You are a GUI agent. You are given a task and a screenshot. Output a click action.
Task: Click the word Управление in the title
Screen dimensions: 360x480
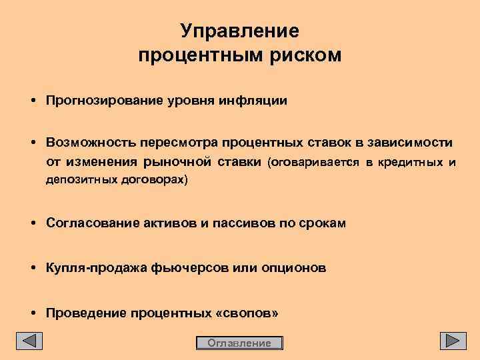point(240,31)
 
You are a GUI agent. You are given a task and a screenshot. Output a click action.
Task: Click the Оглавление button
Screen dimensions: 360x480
point(239,343)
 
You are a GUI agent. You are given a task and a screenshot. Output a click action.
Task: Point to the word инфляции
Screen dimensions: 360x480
point(257,101)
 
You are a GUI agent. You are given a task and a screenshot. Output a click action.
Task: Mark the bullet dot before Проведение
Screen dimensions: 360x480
point(32,313)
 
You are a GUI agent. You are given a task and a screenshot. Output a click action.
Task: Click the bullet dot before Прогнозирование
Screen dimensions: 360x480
point(32,101)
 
